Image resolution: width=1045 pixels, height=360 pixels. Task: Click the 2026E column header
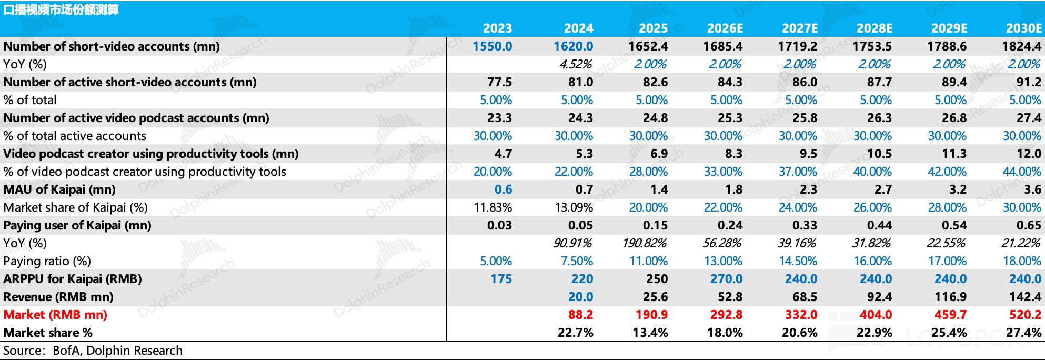click(x=725, y=28)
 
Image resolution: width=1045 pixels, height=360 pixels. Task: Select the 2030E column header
click(x=1023, y=28)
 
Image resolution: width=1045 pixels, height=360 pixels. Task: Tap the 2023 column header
click(x=497, y=28)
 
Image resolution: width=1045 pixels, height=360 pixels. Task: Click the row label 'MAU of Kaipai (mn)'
click(x=59, y=189)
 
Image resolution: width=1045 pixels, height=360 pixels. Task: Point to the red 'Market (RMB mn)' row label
click(x=55, y=315)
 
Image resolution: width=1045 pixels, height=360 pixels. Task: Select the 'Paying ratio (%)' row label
click(x=47, y=261)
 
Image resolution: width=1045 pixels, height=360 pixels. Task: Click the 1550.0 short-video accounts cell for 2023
click(x=492, y=46)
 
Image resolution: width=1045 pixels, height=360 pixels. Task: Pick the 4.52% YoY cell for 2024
click(x=575, y=64)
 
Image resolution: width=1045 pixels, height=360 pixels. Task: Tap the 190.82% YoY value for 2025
click(x=645, y=243)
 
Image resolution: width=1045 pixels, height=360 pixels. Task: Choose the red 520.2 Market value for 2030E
click(x=1025, y=315)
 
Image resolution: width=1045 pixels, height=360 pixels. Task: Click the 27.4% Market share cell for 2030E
click(x=1023, y=333)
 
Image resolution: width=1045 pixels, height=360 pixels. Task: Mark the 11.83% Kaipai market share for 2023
click(x=493, y=207)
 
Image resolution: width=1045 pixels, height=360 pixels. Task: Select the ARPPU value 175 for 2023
click(x=501, y=279)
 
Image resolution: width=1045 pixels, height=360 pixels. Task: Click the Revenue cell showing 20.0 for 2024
click(x=580, y=297)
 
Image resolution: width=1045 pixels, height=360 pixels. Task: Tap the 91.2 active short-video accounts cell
click(x=1029, y=82)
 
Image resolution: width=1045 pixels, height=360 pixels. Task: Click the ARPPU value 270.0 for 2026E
click(x=726, y=279)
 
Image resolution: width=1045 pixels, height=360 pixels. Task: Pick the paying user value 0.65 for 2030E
click(x=1029, y=225)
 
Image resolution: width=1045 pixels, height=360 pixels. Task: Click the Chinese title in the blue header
click(x=61, y=10)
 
